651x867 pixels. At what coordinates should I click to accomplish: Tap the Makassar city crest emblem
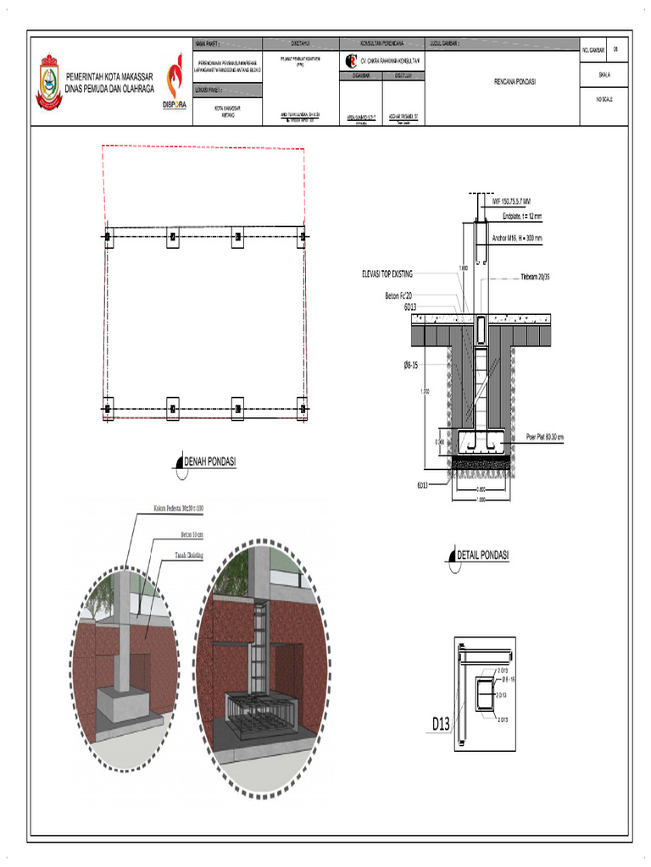(48, 82)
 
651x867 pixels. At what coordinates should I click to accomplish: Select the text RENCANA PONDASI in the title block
(516, 82)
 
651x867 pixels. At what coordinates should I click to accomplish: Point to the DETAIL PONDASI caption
(482, 555)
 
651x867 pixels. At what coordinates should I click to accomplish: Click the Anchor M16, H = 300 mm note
(516, 238)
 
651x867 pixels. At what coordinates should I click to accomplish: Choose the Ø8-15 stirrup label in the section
(414, 365)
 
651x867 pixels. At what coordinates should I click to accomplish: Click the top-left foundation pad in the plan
(108, 236)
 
